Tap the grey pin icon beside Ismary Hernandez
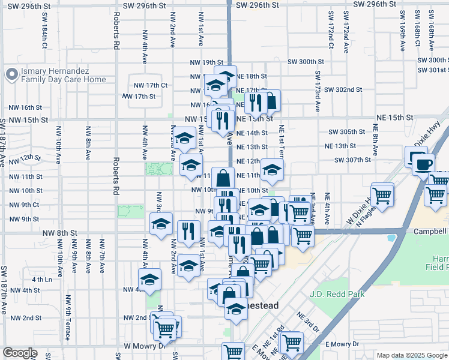click(x=10, y=74)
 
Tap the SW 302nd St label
click(x=343, y=89)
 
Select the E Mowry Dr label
click(x=342, y=344)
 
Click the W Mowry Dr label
click(x=144, y=346)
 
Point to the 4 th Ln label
click(x=41, y=279)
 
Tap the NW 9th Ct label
click(x=23, y=205)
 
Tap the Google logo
click(x=20, y=353)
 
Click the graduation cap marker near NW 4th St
click(x=149, y=279)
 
